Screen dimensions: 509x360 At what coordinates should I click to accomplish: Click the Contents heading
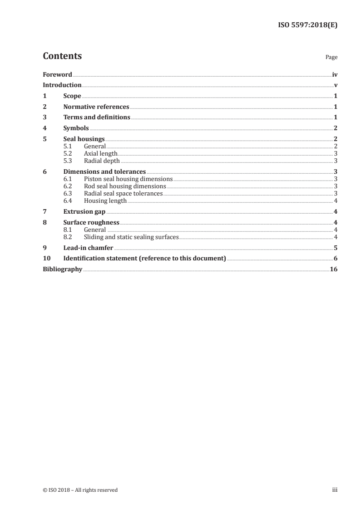pyautogui.click(x=62, y=56)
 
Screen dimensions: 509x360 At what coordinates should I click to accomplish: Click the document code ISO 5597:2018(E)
pyautogui.click(x=307, y=25)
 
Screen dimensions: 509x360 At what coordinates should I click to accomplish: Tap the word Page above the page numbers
pyautogui.click(x=331, y=58)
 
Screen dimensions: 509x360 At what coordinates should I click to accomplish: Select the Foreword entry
pyautogui.click(x=57, y=74)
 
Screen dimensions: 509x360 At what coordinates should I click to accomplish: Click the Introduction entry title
pyautogui.click(x=62, y=85)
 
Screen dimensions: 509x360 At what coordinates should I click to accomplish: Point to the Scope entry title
pyautogui.click(x=72, y=96)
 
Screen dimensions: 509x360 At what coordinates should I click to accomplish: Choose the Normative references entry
pyautogui.click(x=96, y=107)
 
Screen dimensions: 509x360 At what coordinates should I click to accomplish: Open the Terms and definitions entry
pyautogui.click(x=97, y=117)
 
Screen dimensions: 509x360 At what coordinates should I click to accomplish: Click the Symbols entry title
pyautogui.click(x=76, y=128)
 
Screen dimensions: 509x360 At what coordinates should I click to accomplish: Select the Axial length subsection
pyautogui.click(x=101, y=154)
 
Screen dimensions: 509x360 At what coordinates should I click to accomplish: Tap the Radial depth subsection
pyautogui.click(x=102, y=161)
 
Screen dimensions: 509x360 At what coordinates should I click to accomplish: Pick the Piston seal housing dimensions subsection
pyautogui.click(x=128, y=179)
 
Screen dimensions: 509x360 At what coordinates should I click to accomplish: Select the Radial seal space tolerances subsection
pyautogui.click(x=123, y=194)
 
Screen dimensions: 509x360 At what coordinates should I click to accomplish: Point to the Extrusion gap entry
pyautogui.click(x=84, y=212)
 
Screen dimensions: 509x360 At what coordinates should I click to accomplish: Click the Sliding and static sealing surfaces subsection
pyautogui.click(x=132, y=237)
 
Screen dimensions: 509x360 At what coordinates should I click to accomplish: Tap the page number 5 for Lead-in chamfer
pyautogui.click(x=335, y=248)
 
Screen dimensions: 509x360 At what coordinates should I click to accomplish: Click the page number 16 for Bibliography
pyautogui.click(x=334, y=269)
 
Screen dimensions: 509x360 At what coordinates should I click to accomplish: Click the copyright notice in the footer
pyautogui.click(x=80, y=490)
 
